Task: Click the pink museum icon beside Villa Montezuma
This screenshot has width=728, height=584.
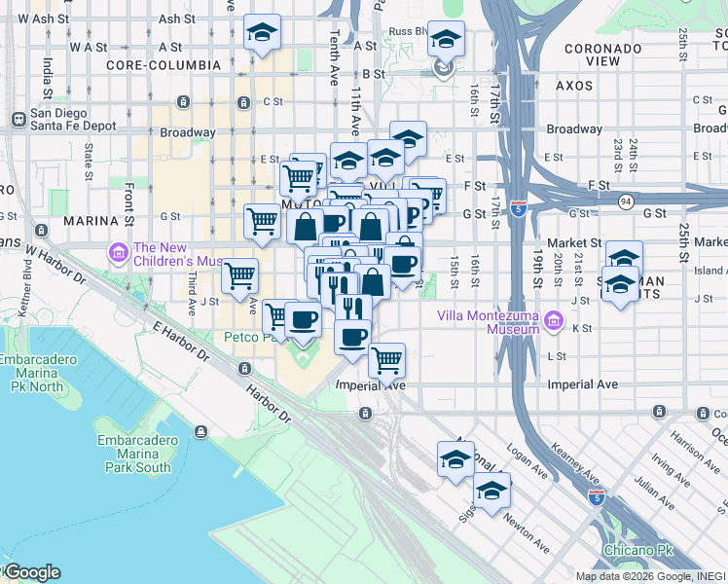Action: pyautogui.click(x=553, y=320)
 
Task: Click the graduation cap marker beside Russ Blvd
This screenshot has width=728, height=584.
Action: pyautogui.click(x=446, y=41)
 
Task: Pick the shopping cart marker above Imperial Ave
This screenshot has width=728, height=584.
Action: pyautogui.click(x=387, y=361)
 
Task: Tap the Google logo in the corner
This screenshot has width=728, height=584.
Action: pyautogui.click(x=31, y=572)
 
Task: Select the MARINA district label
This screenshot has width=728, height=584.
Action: pyautogui.click(x=91, y=221)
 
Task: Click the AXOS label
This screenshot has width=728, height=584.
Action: pyautogui.click(x=574, y=86)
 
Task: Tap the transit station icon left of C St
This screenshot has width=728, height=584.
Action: pyautogui.click(x=182, y=101)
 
